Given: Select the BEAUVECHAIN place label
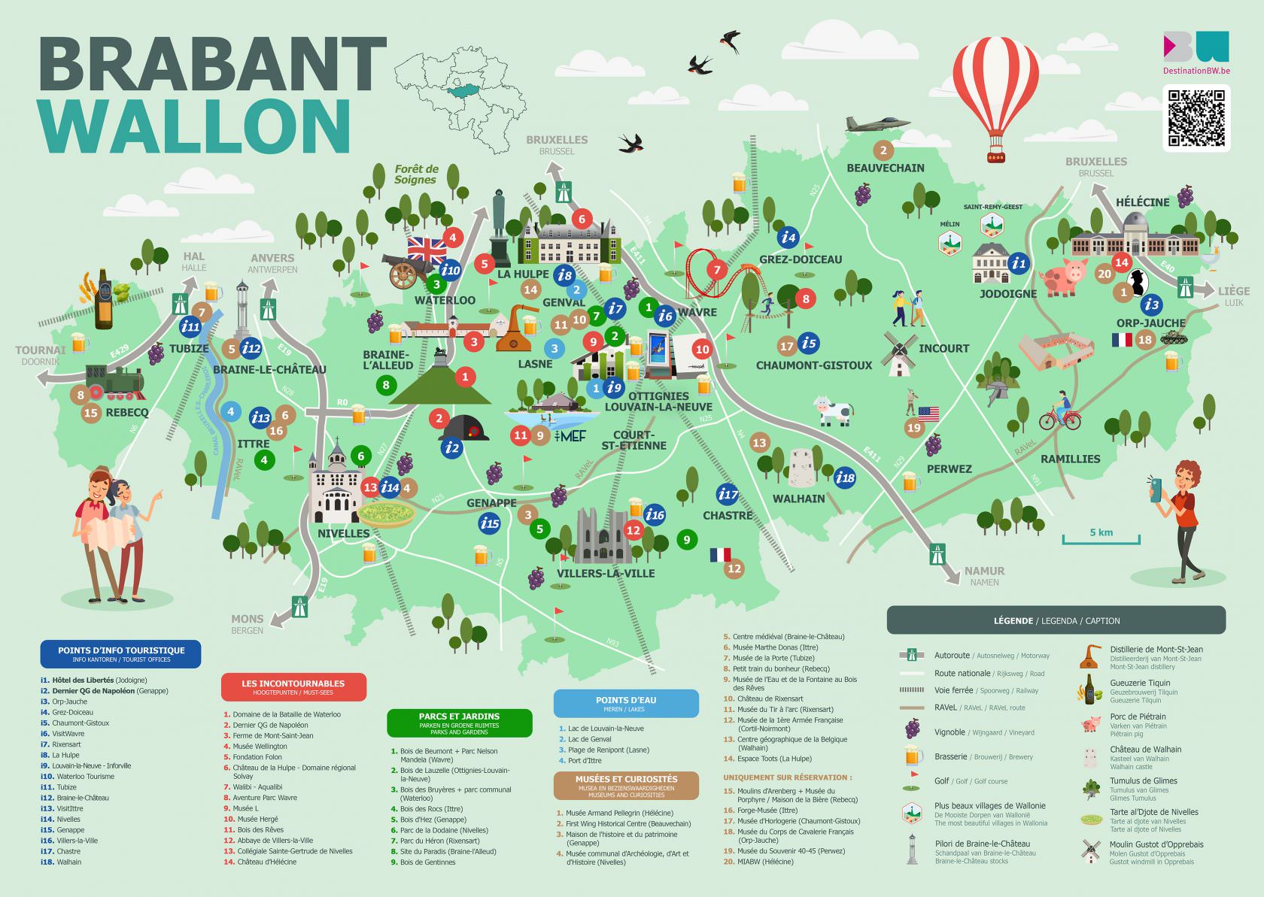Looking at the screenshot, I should [x=885, y=168].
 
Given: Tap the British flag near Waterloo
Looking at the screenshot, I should [x=427, y=249].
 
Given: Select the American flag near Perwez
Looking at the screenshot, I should [x=928, y=414].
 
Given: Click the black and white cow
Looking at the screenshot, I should [x=834, y=411].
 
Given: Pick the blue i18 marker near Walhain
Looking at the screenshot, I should [x=845, y=477].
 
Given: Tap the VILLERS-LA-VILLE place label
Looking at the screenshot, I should [x=605, y=574].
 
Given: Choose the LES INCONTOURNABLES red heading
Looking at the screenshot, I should [x=293, y=686].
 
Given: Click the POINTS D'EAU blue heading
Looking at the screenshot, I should [x=626, y=703].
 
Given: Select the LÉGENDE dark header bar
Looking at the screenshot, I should [x=1056, y=620].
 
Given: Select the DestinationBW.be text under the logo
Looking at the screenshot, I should [x=1196, y=71].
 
